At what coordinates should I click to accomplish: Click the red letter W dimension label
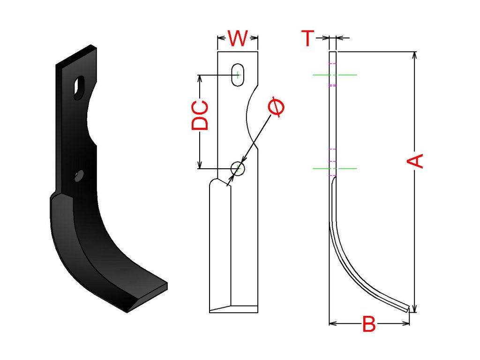(238, 38)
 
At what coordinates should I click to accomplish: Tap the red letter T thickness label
(307, 38)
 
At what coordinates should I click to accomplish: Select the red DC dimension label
(200, 115)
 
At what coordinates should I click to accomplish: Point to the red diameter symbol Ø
(276, 108)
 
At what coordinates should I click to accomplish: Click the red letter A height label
(415, 161)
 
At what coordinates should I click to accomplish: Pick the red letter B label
(369, 324)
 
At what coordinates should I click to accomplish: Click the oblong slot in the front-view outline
(238, 75)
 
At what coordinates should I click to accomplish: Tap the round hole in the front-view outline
(238, 168)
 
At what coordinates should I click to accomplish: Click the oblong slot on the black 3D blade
(79, 88)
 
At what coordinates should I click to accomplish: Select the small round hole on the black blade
(79, 176)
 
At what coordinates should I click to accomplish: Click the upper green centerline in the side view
(335, 75)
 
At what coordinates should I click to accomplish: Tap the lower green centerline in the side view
(335, 168)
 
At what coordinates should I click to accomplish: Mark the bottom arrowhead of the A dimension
(415, 309)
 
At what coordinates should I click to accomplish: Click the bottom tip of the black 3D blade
(127, 313)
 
